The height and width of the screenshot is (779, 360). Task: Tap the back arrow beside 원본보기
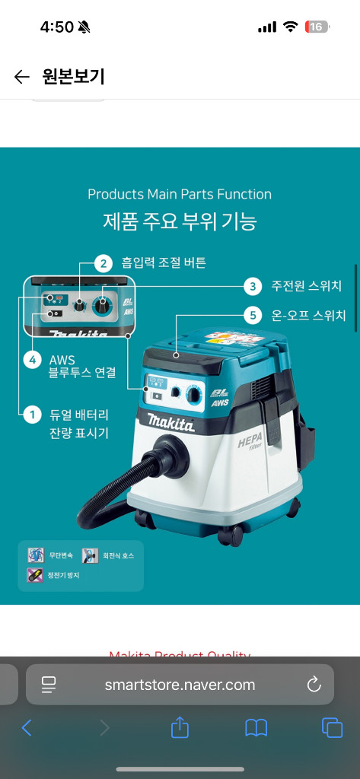[x=21, y=77]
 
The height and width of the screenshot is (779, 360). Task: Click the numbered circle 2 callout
[x=104, y=264]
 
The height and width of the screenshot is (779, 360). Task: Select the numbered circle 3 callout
[x=253, y=286]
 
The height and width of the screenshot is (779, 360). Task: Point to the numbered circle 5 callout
[x=253, y=314]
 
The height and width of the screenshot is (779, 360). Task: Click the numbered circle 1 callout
[x=31, y=415]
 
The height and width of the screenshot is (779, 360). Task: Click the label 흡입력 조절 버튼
[x=164, y=263]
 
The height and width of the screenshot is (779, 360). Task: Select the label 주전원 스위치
[x=306, y=286]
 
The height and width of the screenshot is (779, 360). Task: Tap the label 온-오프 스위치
[x=308, y=314]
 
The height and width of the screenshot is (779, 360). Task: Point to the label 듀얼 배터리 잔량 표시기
[x=79, y=424]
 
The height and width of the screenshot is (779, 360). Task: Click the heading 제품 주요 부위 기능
[x=180, y=221]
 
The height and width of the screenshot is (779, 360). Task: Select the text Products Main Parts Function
[x=180, y=194]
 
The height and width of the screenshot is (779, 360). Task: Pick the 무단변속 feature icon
[x=35, y=555]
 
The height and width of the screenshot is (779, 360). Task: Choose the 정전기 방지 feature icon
[x=35, y=575]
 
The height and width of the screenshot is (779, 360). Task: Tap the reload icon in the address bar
[x=314, y=685]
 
